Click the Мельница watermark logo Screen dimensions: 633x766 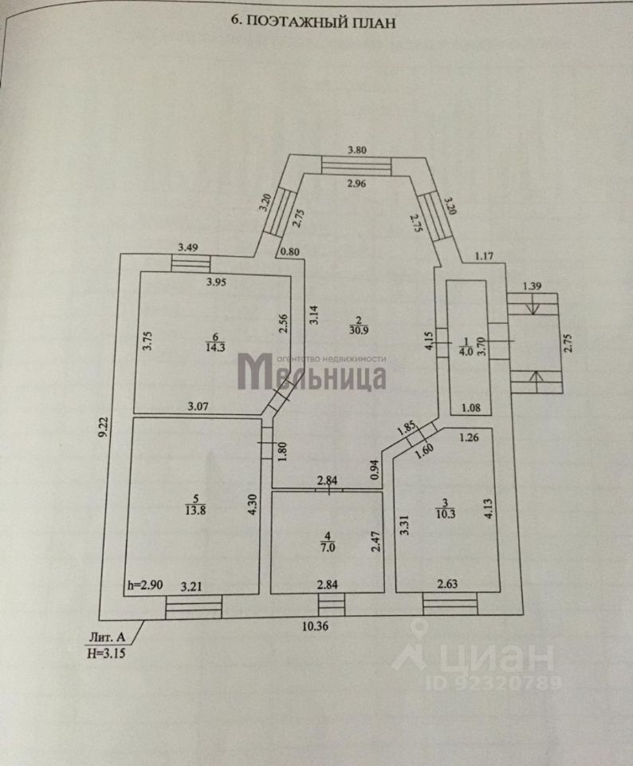(313, 373)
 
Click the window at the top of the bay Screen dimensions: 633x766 (356, 164)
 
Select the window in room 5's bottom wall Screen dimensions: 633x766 (194, 609)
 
